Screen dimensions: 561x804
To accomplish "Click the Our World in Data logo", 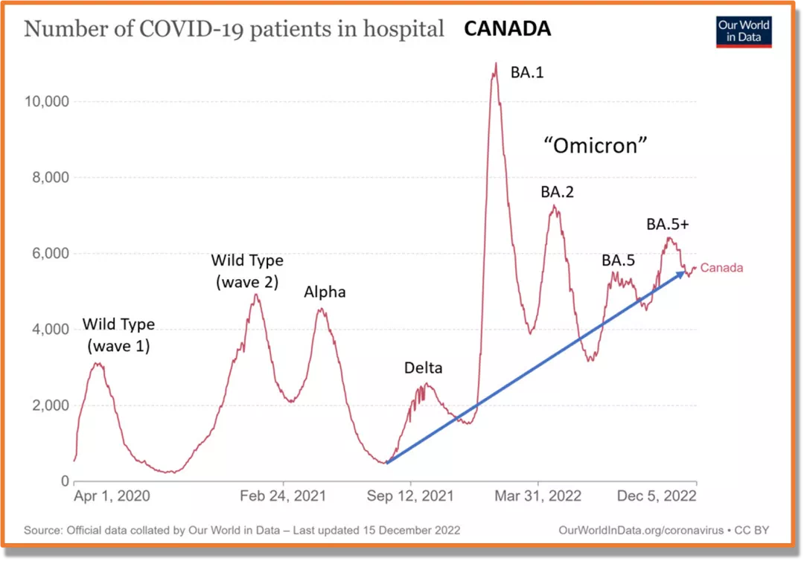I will (744, 31).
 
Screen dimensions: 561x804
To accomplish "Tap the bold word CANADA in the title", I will (507, 29).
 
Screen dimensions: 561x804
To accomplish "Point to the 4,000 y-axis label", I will (51, 330).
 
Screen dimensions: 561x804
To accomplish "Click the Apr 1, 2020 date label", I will (112, 496).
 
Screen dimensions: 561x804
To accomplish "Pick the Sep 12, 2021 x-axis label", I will (411, 496).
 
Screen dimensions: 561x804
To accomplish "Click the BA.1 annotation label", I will (526, 72).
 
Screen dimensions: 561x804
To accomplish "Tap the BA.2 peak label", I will (557, 192).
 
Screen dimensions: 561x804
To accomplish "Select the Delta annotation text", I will (423, 368).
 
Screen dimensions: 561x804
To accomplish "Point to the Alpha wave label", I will (325, 292).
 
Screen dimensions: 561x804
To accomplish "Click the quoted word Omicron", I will (596, 146).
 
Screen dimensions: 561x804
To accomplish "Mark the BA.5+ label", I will (669, 224).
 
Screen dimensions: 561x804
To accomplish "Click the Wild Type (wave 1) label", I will (118, 335).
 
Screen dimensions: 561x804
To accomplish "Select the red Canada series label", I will (721, 268).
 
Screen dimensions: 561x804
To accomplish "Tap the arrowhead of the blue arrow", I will (681, 274).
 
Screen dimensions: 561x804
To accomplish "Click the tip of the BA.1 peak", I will (495, 64).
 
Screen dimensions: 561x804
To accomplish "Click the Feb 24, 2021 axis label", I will (284, 496).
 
